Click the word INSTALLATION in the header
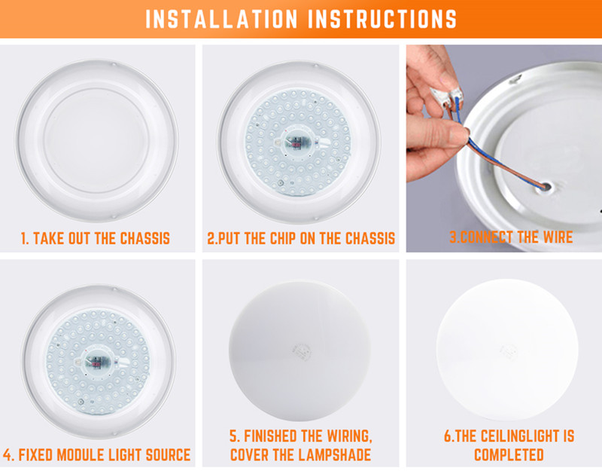[221, 18]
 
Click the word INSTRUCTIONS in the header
[382, 18]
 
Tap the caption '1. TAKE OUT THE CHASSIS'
[96, 238]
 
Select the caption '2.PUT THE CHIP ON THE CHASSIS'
[301, 238]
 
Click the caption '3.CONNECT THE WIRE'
[511, 237]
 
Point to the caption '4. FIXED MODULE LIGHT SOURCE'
[97, 455]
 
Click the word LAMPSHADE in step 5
[332, 455]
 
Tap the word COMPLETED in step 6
[509, 455]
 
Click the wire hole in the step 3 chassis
[546, 188]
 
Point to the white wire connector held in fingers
[445, 96]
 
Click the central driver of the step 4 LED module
[97, 362]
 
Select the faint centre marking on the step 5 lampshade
[300, 351]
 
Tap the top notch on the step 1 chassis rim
[114, 63]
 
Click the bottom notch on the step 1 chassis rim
[114, 217]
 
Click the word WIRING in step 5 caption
[349, 436]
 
